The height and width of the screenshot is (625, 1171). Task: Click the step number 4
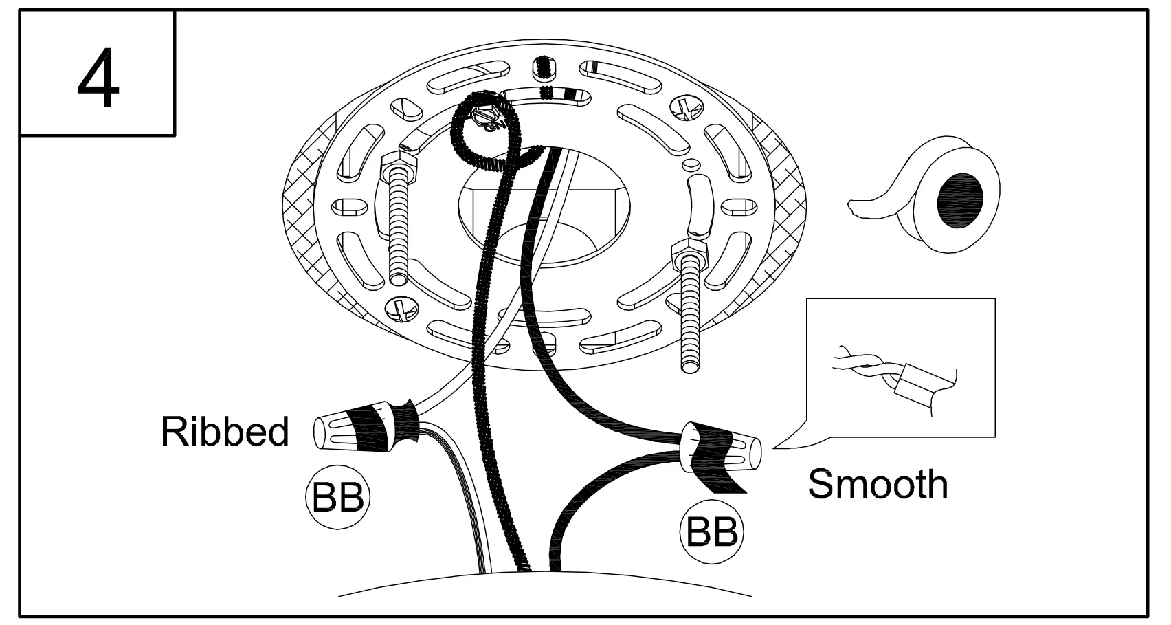(x=98, y=81)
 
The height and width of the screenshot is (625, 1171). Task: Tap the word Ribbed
(x=225, y=432)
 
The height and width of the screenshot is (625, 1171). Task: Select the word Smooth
(x=878, y=484)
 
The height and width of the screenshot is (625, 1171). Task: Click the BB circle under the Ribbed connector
(x=337, y=497)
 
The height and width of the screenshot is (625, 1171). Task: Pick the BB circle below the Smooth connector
(x=712, y=531)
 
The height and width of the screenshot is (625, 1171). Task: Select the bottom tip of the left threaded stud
(x=398, y=278)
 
